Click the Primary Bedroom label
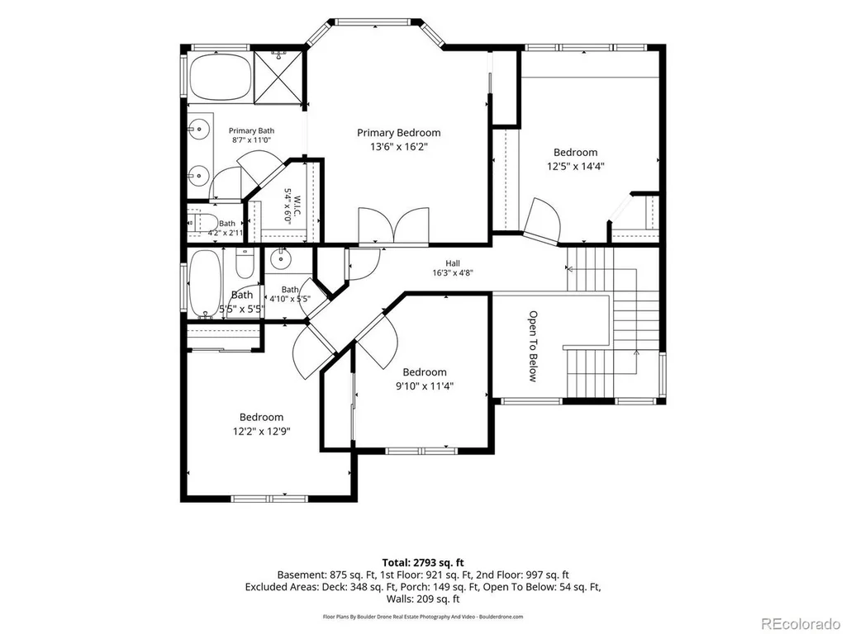coord(399,133)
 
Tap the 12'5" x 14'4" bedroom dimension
coord(575,167)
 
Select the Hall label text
coord(453,263)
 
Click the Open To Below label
coord(533,346)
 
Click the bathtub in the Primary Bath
coord(221,77)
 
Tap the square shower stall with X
coord(278,75)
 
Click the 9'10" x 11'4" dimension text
coord(424,386)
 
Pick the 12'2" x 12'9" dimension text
coord(262,431)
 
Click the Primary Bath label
coord(251,130)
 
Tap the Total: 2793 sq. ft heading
coord(423,563)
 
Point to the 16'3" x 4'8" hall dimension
coord(453,272)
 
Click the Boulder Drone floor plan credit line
coord(423,616)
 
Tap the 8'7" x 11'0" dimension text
coord(251,140)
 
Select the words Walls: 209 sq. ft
coord(423,599)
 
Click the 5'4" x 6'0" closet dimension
coord(288,206)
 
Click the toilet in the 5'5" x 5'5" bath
coord(245,263)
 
